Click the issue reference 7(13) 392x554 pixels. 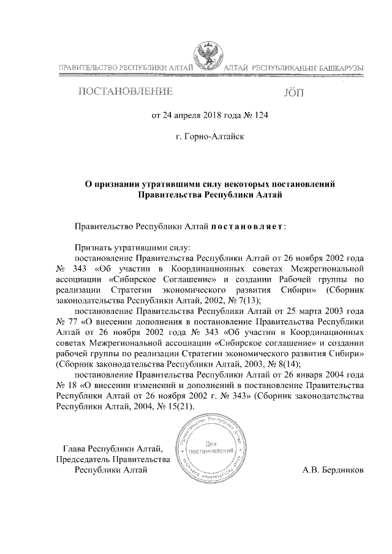249,299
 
